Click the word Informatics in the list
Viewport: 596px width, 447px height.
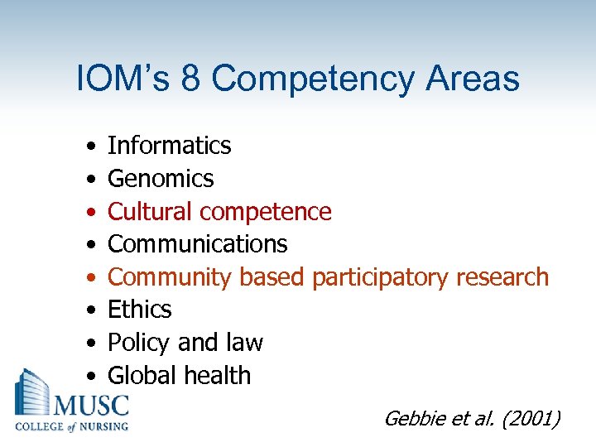[170, 146]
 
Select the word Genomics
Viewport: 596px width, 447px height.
[161, 179]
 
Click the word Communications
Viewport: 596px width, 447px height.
[198, 244]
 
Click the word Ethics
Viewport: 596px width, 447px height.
[140, 310]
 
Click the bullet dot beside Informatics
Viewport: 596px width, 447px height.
[89, 147]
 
